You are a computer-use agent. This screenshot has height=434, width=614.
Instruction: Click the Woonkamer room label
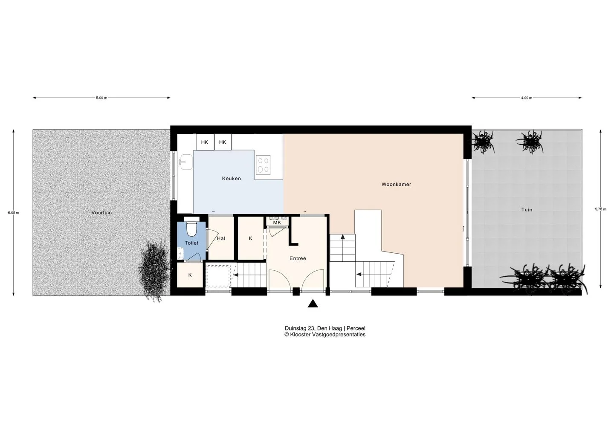click(396, 185)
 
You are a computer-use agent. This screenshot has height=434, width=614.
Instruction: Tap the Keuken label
click(232, 178)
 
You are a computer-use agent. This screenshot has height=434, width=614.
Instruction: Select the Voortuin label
click(101, 213)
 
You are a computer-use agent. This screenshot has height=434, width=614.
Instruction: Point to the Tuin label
click(527, 210)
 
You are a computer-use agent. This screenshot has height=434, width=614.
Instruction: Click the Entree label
click(298, 258)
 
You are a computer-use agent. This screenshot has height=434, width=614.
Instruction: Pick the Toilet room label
click(191, 243)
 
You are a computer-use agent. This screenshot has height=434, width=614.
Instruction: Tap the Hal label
click(221, 238)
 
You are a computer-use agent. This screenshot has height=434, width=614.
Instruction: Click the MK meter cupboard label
click(277, 223)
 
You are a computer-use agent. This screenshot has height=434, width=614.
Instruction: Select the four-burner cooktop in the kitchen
click(263, 165)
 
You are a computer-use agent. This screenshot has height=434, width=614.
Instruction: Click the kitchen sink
click(186, 162)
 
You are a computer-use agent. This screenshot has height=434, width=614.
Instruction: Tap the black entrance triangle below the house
click(313, 304)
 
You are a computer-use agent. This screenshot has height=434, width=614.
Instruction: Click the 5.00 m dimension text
click(101, 98)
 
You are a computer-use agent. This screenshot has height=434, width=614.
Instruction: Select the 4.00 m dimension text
click(527, 98)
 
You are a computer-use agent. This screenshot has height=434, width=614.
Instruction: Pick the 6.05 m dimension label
click(14, 213)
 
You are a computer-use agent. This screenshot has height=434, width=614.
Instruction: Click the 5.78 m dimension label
click(600, 209)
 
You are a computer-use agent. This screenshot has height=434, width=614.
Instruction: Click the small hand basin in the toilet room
click(180, 254)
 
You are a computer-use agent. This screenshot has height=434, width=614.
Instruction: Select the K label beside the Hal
click(251, 238)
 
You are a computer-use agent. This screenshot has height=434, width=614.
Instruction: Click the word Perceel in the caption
click(356, 328)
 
